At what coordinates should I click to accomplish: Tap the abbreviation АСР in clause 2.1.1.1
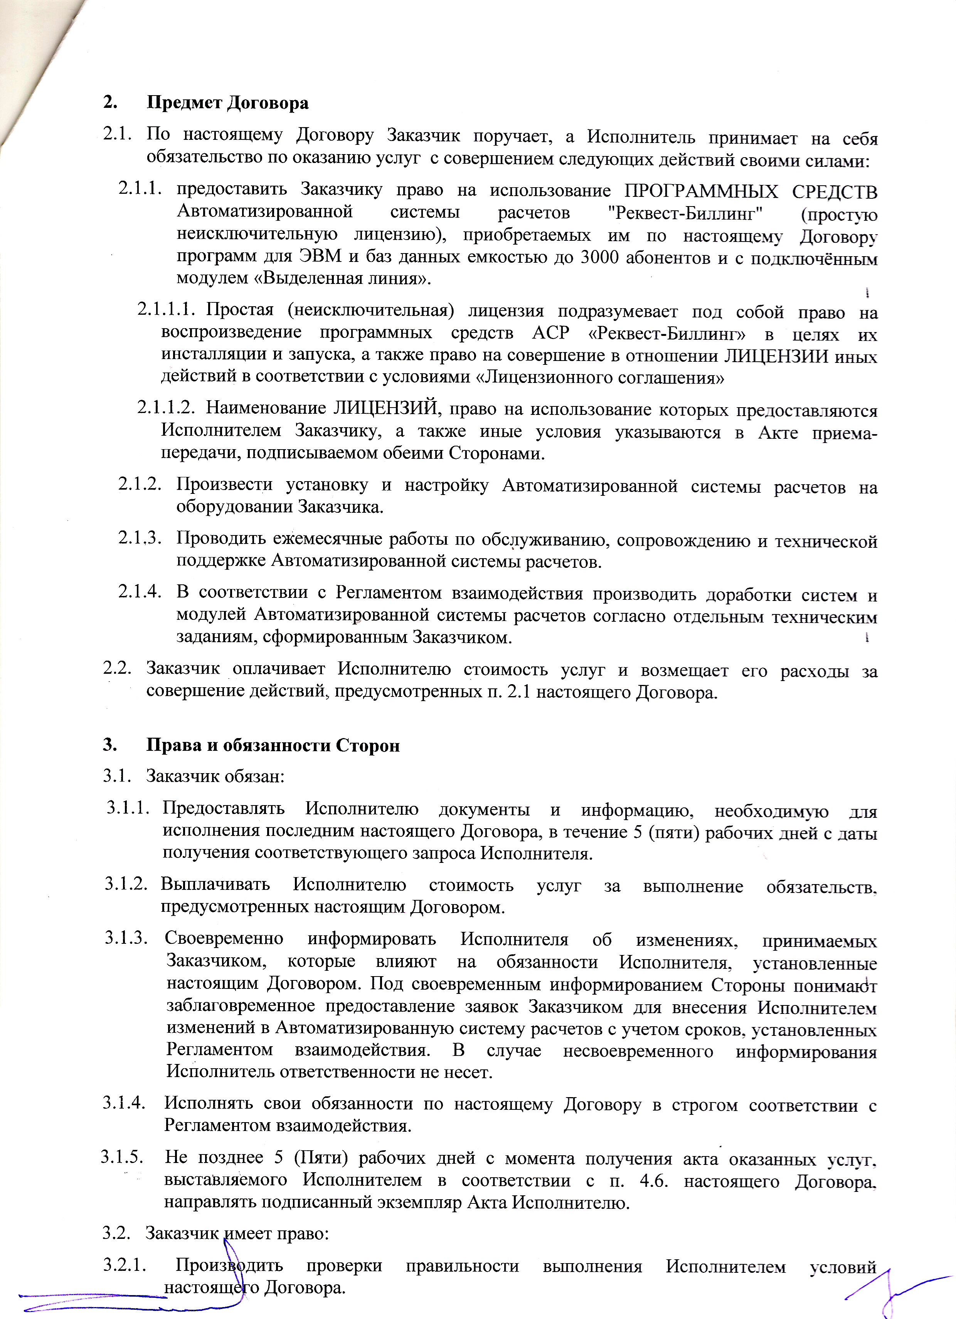pyautogui.click(x=551, y=333)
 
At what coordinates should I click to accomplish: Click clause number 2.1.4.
pyautogui.click(x=140, y=592)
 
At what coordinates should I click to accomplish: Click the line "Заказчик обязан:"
pyautogui.click(x=215, y=776)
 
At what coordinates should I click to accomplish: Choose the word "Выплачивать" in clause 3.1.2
pyautogui.click(x=215, y=885)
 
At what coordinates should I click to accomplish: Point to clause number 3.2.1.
pyautogui.click(x=124, y=1265)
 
